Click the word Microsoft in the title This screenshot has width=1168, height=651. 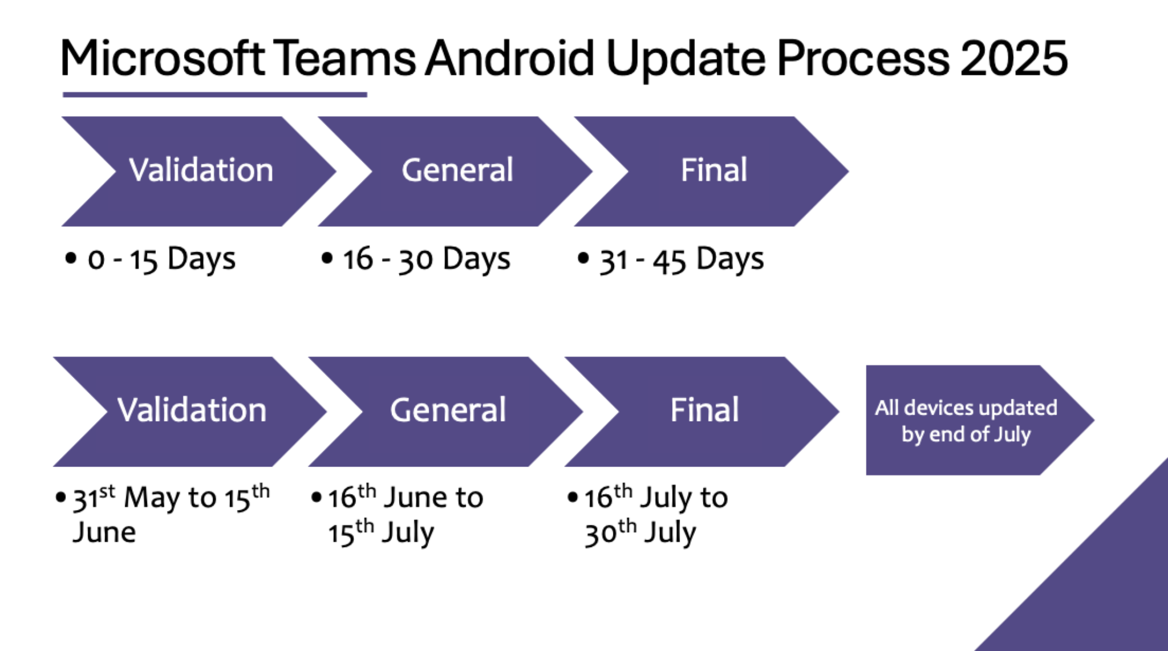click(x=163, y=58)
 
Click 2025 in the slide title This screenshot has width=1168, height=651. click(x=1013, y=58)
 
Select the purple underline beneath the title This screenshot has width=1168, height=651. click(x=214, y=95)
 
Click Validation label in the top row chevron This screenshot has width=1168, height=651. click(x=201, y=170)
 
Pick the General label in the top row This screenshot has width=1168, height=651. click(x=457, y=170)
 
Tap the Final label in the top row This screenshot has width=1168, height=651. click(x=713, y=170)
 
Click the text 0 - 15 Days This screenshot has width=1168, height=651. click(x=161, y=259)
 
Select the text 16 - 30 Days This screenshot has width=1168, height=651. click(x=426, y=259)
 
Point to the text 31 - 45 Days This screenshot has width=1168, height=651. click(x=681, y=259)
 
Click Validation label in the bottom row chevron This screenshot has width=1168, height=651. click(x=192, y=410)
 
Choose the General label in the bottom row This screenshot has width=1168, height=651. click(x=448, y=410)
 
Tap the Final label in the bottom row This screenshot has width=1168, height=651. click(x=704, y=410)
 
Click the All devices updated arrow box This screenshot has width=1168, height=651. click(x=966, y=421)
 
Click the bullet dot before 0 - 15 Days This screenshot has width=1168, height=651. click(x=71, y=258)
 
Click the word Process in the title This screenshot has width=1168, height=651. click(x=863, y=58)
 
